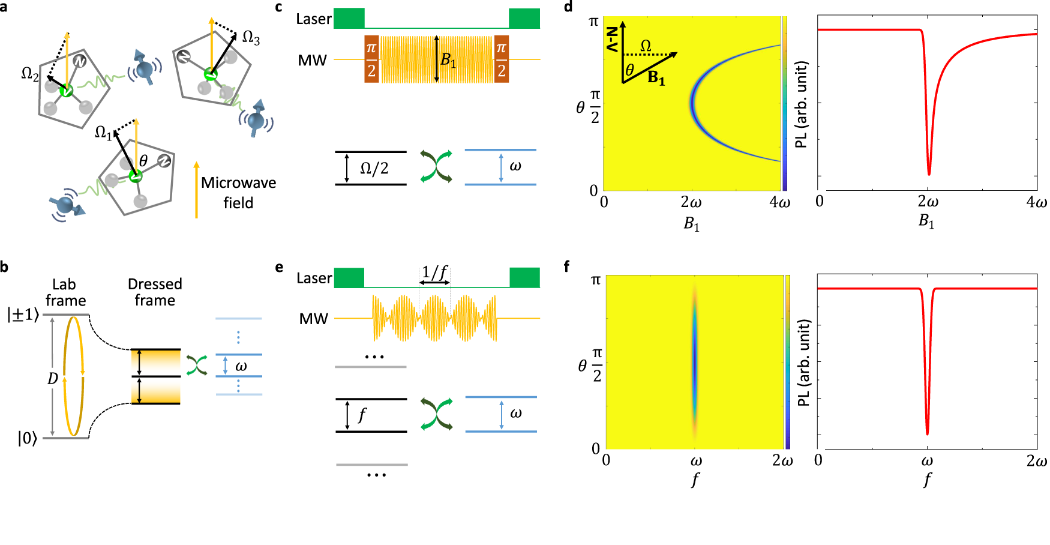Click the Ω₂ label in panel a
pos(29,74)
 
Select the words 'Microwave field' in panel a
pos(238,192)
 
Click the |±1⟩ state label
pos(23,315)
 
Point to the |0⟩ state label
pos(27,439)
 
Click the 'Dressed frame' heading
pos(155,292)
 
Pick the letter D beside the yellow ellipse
pos(53,379)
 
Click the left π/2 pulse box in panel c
pos(371,59)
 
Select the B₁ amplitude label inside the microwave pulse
pos(448,60)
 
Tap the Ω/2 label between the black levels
pos(374,169)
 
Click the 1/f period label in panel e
pos(434,272)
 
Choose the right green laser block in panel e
pos(524,278)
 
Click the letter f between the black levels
pos(362,415)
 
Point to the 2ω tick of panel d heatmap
pos(691,202)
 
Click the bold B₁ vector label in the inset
pos(656,78)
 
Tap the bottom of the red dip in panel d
pos(929,174)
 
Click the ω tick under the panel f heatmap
pos(696,461)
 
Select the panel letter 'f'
pos(567,266)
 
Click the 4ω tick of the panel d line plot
pos(1036,202)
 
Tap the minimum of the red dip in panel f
pos(927,433)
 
